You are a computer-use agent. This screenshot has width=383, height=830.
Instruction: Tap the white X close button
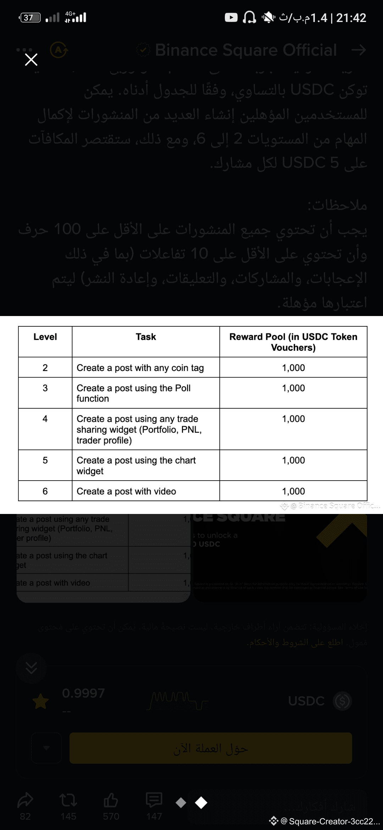(x=31, y=60)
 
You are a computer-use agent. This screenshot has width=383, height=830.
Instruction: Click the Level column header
(x=45, y=337)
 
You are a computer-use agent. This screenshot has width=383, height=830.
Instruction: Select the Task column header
(x=146, y=337)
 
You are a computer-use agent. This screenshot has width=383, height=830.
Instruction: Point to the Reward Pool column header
(x=293, y=342)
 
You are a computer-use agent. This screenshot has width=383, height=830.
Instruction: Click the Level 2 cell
(x=45, y=368)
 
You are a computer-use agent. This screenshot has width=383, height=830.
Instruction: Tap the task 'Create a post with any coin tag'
(x=140, y=368)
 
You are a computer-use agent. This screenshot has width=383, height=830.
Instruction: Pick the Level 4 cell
(x=45, y=419)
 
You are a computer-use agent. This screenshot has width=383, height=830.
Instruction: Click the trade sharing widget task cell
(x=139, y=430)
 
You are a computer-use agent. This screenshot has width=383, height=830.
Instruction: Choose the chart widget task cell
(x=136, y=465)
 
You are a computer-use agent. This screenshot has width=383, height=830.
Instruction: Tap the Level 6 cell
(x=45, y=491)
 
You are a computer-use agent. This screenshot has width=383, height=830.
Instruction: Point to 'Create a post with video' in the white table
(x=126, y=491)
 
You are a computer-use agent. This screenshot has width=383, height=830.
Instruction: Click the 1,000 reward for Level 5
(x=293, y=460)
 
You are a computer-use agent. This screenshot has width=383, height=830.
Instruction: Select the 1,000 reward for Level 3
(x=293, y=388)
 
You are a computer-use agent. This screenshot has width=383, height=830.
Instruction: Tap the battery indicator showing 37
(x=30, y=17)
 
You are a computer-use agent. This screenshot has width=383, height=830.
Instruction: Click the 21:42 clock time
(x=351, y=18)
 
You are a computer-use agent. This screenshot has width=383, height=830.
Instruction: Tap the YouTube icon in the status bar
(x=231, y=17)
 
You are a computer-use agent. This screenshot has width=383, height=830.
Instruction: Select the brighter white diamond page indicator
(x=201, y=803)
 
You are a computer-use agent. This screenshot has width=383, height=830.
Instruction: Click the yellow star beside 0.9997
(x=40, y=701)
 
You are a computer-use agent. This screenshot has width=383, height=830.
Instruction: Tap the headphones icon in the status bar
(x=249, y=17)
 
